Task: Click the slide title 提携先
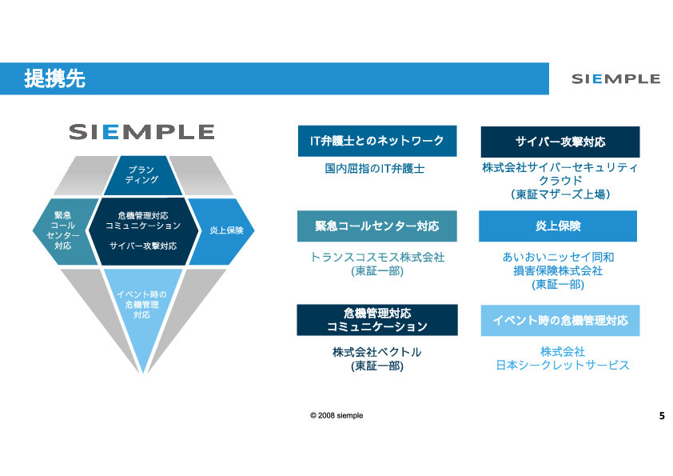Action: pyautogui.click(x=55, y=78)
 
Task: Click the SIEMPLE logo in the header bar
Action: pyautogui.click(x=615, y=78)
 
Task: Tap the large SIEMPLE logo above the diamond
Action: pyautogui.click(x=141, y=132)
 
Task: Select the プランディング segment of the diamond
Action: pyautogui.click(x=141, y=175)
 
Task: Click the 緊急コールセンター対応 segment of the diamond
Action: pyautogui.click(x=63, y=231)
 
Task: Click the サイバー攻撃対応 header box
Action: pyautogui.click(x=560, y=142)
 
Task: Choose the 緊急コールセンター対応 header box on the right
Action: pyautogui.click(x=376, y=226)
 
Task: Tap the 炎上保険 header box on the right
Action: pyautogui.click(x=558, y=226)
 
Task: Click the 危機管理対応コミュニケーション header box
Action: pyautogui.click(x=376, y=319)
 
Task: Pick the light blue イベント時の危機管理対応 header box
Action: pyautogui.click(x=560, y=320)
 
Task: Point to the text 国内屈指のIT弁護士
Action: pyautogui.click(x=375, y=169)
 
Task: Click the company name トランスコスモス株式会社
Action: pyautogui.click(x=376, y=257)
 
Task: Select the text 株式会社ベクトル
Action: pyautogui.click(x=376, y=351)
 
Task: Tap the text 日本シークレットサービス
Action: pyautogui.click(x=563, y=365)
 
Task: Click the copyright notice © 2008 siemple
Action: pyautogui.click(x=336, y=416)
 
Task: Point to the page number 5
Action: pyautogui.click(x=661, y=416)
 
